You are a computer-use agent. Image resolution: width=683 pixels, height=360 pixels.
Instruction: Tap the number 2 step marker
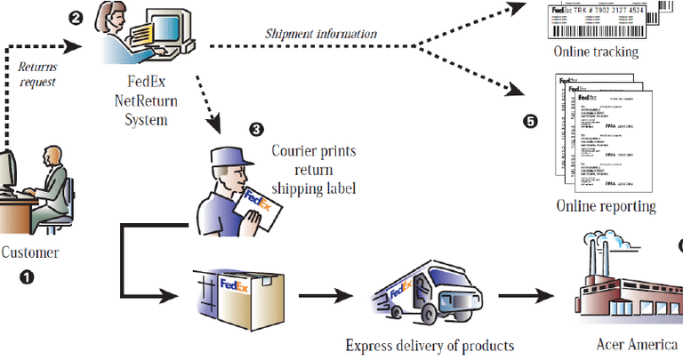click(x=77, y=17)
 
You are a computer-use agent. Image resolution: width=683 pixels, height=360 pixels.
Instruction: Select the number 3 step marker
click(x=256, y=129)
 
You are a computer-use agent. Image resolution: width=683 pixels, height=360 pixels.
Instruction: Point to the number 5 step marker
click(x=531, y=122)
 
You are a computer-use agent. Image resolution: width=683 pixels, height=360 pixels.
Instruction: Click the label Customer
click(x=29, y=252)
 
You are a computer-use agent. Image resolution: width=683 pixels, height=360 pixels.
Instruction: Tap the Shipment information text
click(x=321, y=35)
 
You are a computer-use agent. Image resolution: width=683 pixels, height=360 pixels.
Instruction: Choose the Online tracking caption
click(x=596, y=52)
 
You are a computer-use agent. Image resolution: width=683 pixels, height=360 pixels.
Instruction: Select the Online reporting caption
click(x=606, y=206)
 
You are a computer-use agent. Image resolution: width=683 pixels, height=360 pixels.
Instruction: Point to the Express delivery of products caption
click(x=430, y=344)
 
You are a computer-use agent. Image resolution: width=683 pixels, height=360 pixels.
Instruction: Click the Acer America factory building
click(x=623, y=284)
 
